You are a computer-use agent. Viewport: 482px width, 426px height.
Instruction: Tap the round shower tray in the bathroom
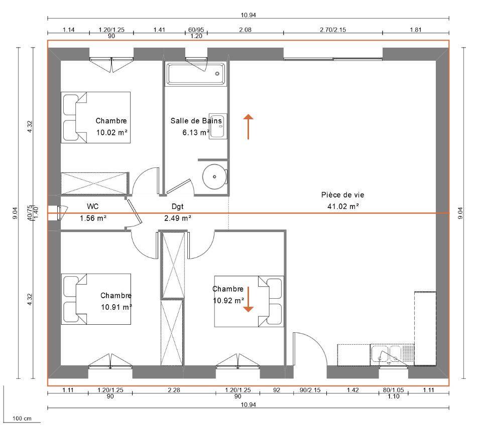pos(215,177)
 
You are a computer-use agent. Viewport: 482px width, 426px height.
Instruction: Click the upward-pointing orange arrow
pos(249,127)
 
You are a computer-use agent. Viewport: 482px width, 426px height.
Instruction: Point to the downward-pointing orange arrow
pos(248,299)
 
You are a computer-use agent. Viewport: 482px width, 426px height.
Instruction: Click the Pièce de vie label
pos(343,195)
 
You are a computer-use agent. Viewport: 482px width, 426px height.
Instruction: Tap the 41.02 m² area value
pos(343,206)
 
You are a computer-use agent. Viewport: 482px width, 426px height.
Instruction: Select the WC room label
pos(92,206)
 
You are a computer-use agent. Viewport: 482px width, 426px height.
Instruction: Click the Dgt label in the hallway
pos(177,206)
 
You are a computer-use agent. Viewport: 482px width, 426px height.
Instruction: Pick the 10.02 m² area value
pos(111,133)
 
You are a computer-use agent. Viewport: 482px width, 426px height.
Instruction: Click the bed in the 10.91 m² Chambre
pos(96,299)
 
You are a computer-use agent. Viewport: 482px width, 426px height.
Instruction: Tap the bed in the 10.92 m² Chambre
pos(249,301)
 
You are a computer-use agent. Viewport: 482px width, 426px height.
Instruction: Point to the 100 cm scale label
pos(22,418)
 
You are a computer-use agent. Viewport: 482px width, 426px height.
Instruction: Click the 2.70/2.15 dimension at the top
pos(333,30)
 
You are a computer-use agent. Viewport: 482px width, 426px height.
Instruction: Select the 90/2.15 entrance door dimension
pos(310,390)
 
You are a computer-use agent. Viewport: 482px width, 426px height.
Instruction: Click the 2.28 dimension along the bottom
pos(174,390)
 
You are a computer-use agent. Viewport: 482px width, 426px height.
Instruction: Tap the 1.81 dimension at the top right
pos(416,30)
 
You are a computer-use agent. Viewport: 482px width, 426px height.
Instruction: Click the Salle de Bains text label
pos(196,121)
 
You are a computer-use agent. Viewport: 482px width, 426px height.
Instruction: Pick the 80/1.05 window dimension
pos(394,390)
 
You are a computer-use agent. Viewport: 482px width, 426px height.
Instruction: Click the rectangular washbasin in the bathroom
pos(218,126)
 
